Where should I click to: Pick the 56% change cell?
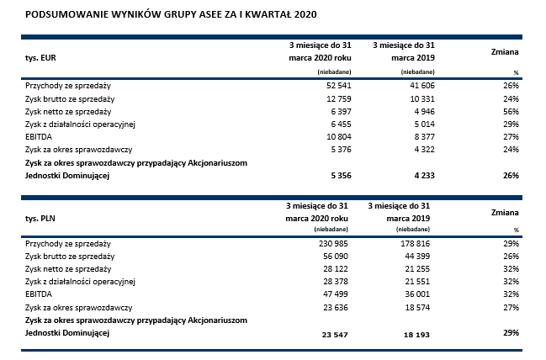[x=511, y=111]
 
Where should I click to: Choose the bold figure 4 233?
[x=417, y=175]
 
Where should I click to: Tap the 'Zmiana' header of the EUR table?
[x=503, y=51]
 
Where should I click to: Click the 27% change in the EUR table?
[x=511, y=136]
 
